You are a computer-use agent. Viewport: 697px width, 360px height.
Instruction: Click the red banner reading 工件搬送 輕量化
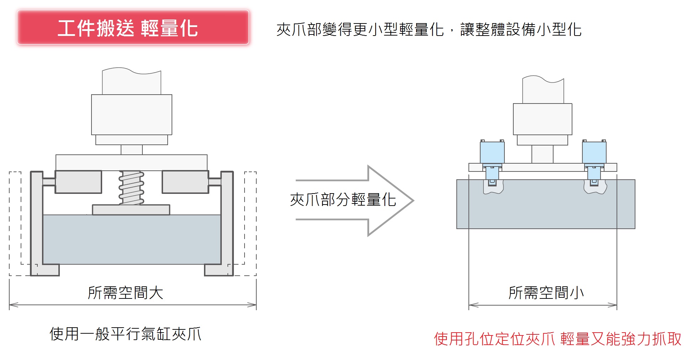133,27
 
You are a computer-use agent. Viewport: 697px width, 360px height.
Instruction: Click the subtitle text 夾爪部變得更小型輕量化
360,30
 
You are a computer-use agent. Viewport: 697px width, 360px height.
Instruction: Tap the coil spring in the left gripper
131,187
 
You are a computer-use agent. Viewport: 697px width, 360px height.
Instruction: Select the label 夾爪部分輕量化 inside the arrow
343,200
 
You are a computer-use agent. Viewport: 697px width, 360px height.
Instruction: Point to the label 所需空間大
125,293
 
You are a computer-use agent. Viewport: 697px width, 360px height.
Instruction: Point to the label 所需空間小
546,293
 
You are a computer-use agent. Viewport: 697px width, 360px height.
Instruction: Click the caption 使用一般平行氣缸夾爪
125,334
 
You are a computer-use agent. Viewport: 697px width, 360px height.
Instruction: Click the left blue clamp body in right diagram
492,152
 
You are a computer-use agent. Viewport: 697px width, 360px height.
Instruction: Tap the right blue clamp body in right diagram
594,152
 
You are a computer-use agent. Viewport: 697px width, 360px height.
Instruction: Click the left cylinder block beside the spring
78,182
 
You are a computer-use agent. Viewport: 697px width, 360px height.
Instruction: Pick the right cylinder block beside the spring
185,182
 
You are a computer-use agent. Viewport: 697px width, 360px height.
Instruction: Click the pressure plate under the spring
131,210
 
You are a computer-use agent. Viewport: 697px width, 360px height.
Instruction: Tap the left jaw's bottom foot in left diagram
45,270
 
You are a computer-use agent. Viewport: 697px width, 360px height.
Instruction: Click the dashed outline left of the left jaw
15,224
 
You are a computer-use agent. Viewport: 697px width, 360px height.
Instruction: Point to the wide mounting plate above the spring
131,162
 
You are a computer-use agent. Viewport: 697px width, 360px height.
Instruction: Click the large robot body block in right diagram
542,119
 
